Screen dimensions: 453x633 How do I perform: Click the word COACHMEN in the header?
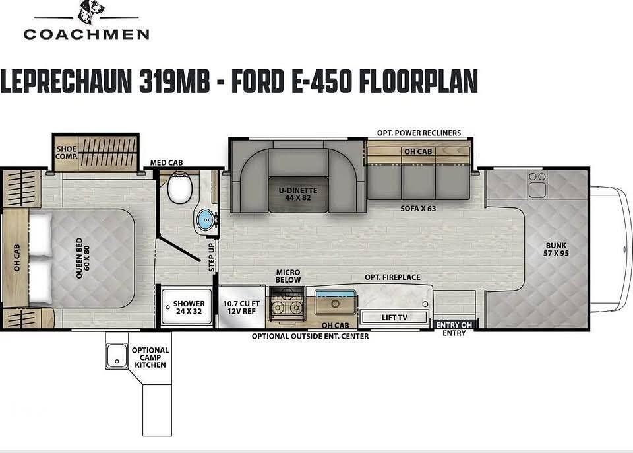[86, 34]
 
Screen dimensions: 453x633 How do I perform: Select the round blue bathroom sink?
[206, 220]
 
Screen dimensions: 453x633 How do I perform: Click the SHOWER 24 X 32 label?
[189, 308]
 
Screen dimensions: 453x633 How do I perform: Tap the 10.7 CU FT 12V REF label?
[241, 307]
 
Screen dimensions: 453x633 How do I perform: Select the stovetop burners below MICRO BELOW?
[287, 307]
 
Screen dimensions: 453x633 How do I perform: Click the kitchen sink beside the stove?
[334, 305]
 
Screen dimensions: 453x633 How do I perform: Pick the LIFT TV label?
[394, 318]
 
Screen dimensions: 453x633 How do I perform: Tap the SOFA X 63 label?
[418, 208]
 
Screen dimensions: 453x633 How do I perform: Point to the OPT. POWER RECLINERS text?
[419, 133]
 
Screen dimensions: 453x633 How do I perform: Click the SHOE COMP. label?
[66, 153]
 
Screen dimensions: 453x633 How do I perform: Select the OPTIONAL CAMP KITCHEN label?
[150, 357]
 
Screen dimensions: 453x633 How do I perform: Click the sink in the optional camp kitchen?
[116, 357]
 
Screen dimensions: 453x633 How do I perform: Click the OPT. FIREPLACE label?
[393, 277]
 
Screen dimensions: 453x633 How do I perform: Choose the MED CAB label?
[166, 162]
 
